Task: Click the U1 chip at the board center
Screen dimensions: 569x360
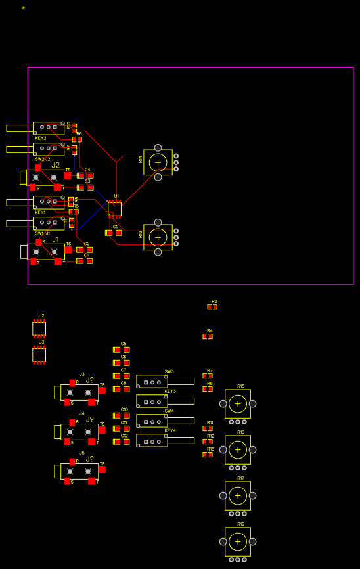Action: [114, 209]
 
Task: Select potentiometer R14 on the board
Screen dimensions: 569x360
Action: [158, 162]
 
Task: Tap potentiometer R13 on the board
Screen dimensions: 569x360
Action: [158, 237]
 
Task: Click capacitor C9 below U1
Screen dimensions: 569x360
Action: [114, 233]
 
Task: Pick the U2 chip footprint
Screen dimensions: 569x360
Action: [39, 329]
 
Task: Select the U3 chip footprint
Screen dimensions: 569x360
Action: [39, 355]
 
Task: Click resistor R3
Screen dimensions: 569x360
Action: [212, 307]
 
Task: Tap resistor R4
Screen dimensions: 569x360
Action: [208, 336]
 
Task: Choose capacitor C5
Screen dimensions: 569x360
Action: [121, 350]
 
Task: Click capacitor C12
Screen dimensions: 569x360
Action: [121, 442]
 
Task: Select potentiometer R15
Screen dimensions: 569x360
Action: [238, 403]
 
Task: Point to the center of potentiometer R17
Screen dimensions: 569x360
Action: [238, 495]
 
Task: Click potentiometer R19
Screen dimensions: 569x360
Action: [238, 541]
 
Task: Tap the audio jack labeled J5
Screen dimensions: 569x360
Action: [79, 471]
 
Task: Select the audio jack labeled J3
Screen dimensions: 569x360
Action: [79, 392]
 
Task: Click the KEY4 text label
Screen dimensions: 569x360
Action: [170, 430]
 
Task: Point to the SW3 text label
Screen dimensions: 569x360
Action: [169, 371]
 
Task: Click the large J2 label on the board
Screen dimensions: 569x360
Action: [56, 165]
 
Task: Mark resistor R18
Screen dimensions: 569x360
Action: [208, 455]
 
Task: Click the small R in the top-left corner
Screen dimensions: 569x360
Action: [24, 8]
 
